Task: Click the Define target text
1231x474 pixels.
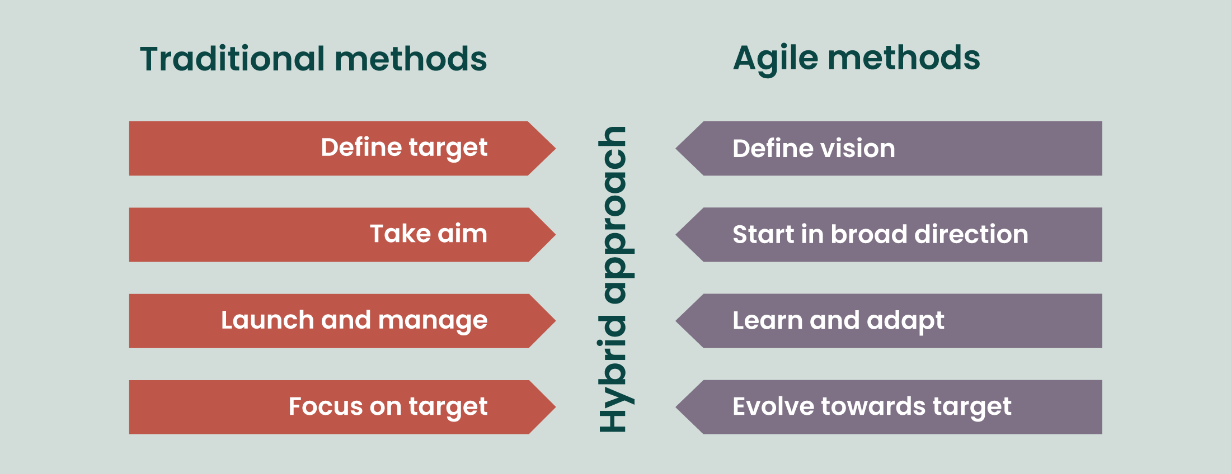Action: coord(404,148)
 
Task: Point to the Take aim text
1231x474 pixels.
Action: coord(429,234)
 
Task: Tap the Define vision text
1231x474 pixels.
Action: coord(814,149)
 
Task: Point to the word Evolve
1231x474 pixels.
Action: coord(773,407)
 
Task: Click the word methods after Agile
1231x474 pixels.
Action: coord(904,58)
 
